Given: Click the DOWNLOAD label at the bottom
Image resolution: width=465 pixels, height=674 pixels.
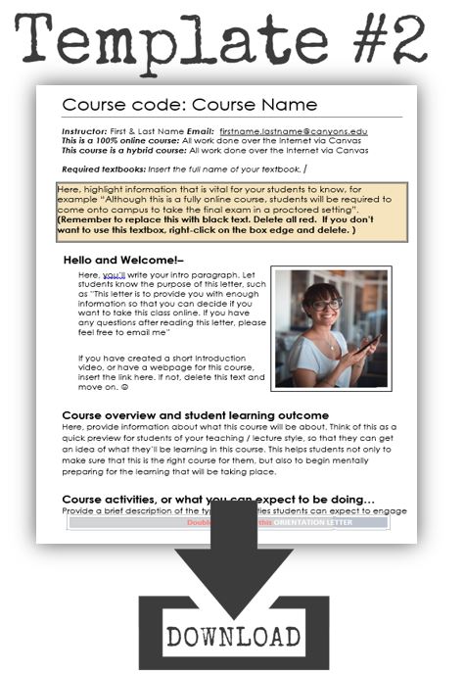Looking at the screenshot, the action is click(x=233, y=636).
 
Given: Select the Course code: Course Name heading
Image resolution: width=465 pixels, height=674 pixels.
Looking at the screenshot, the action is click(x=189, y=105).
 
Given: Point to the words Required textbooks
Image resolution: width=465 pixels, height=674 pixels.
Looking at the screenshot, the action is click(x=99, y=170).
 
